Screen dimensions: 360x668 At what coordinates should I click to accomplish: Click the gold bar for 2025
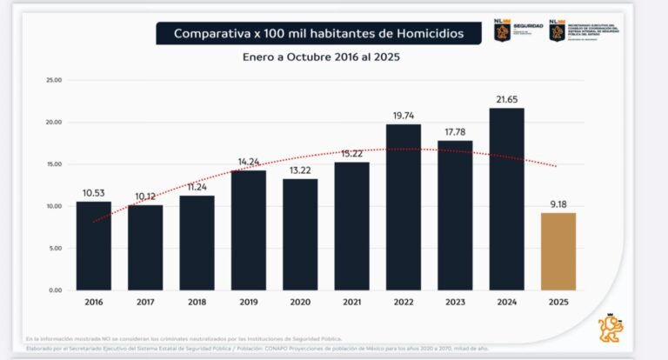[x=558, y=251]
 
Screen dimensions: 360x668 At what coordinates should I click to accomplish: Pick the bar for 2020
[x=300, y=234]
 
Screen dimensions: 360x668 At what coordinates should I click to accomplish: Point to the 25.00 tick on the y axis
[x=53, y=80]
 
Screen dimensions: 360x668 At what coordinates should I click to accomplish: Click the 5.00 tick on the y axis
[x=54, y=248]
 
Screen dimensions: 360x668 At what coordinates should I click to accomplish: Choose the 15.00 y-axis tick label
[x=53, y=164]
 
